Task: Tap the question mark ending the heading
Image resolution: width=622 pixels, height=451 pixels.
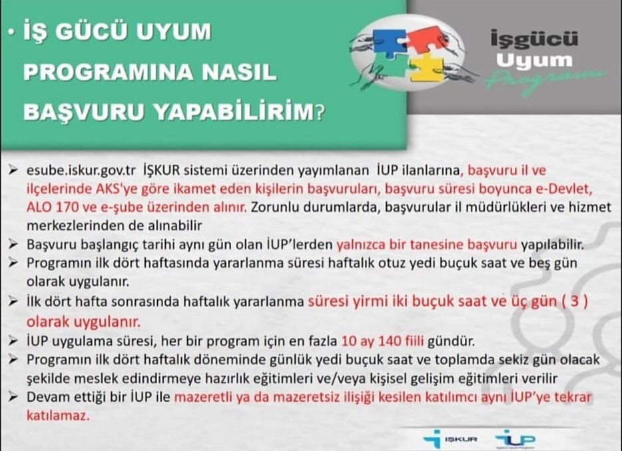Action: tap(320, 113)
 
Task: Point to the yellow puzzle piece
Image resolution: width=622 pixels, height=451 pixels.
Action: tap(427, 67)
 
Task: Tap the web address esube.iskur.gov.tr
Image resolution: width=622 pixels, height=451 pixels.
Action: tap(81, 170)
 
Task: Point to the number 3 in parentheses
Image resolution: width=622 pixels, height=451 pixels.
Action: tap(575, 302)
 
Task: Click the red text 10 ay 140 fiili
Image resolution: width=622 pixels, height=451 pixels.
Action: tap(382, 340)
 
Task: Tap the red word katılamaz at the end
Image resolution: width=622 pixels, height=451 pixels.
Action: tap(58, 415)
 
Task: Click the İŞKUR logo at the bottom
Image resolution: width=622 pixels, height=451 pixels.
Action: tap(450, 439)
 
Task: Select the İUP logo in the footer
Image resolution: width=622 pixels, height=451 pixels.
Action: tap(515, 439)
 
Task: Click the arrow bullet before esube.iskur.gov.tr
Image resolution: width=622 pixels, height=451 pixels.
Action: tap(13, 170)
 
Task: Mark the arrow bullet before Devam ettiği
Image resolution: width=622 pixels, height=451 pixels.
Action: tap(13, 396)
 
